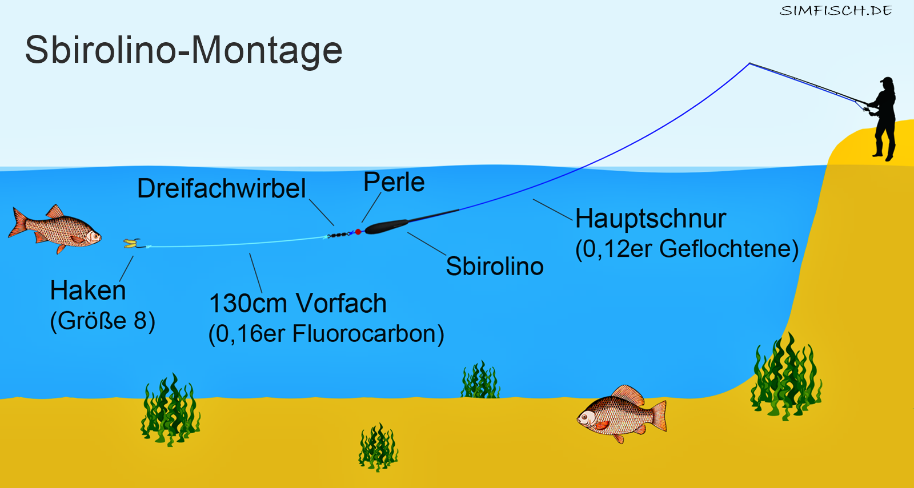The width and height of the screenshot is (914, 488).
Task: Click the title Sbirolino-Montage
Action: [183, 51]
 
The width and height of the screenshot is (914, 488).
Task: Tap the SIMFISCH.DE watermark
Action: [836, 11]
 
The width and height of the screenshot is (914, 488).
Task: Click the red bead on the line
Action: [358, 232]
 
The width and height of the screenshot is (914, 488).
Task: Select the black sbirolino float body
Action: [386, 226]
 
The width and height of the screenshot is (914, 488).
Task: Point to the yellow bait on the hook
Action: [131, 243]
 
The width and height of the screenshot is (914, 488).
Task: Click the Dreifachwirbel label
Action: [221, 188]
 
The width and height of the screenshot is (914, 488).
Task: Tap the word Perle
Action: [394, 182]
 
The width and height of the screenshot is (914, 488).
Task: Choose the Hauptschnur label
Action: [651, 219]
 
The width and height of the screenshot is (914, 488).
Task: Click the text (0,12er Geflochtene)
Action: [687, 249]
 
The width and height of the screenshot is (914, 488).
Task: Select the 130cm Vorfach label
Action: [298, 303]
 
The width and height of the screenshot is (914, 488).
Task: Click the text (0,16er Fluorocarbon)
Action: [326, 334]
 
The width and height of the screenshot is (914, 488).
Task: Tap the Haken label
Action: [88, 291]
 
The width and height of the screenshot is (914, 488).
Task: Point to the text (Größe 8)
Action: [102, 321]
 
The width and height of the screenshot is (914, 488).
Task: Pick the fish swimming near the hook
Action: [55, 229]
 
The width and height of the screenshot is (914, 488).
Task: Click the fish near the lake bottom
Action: [622, 414]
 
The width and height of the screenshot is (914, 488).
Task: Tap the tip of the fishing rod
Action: [749, 63]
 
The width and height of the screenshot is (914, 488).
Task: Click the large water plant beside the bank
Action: [785, 377]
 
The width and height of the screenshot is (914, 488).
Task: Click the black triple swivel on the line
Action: [338, 235]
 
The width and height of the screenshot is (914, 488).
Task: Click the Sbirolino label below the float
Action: [495, 266]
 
